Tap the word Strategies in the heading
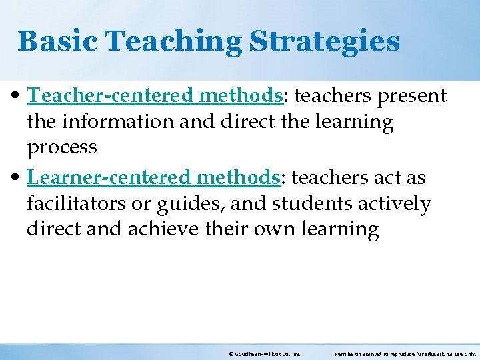click(325, 41)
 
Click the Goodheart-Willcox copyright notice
click(265, 354)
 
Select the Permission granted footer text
click(405, 354)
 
